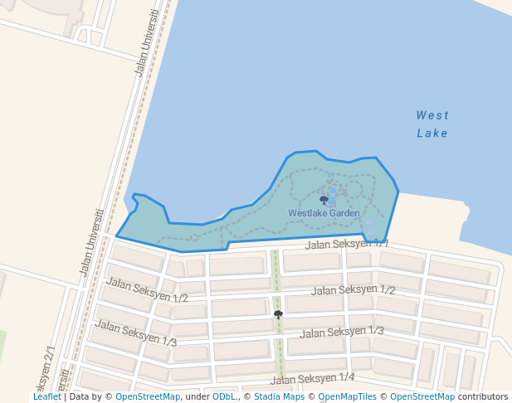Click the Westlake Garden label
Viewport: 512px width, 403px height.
324,213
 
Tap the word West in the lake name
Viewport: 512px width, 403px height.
432,115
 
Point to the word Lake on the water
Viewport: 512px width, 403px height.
432,133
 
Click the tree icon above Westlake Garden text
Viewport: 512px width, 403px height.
324,200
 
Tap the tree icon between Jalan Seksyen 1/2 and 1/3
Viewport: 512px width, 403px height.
278,314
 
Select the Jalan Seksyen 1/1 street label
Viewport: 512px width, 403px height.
346,244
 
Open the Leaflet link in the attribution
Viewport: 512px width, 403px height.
46,396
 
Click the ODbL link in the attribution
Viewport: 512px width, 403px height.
223,396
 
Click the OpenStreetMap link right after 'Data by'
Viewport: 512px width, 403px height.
147,396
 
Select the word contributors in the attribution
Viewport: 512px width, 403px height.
482,396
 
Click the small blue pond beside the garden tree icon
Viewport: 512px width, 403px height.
333,192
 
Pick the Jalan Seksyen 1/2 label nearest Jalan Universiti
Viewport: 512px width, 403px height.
147,290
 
